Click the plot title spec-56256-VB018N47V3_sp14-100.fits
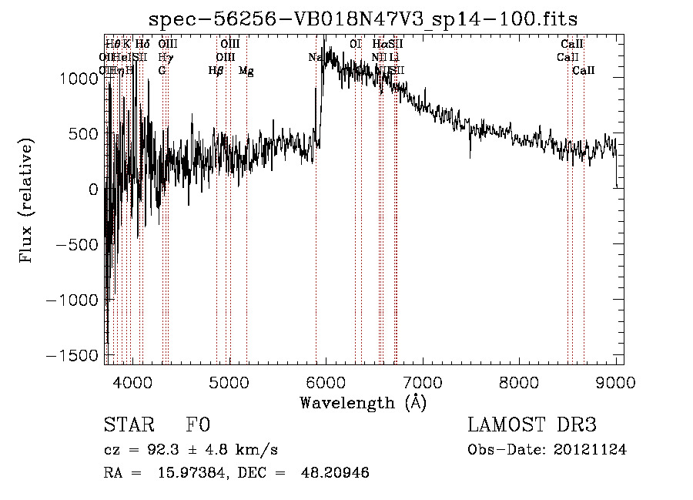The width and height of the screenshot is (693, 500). point(364,18)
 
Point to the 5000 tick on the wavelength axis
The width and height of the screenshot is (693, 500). point(229,381)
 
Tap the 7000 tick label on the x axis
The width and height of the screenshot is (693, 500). point(423,381)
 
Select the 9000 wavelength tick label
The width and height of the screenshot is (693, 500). point(616,381)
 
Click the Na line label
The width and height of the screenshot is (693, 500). point(314,58)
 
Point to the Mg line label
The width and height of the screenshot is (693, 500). point(246,71)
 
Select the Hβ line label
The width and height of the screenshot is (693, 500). point(216,71)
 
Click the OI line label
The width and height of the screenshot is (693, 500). point(356,45)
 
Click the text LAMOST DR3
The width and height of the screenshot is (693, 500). point(532,425)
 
